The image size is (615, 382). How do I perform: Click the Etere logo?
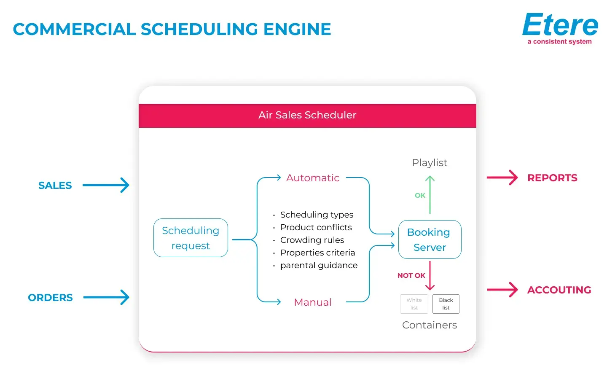click(x=560, y=25)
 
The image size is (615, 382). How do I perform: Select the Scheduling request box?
click(x=191, y=238)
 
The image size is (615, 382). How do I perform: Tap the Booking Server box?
click(x=430, y=239)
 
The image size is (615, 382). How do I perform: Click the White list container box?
click(x=414, y=304)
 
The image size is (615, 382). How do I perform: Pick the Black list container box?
click(x=446, y=304)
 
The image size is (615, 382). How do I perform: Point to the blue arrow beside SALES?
click(x=106, y=185)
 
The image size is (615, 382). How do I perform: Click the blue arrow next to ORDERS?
click(x=106, y=297)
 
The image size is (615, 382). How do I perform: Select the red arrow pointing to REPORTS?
click(x=502, y=178)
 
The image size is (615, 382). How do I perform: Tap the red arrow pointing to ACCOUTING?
click(x=502, y=290)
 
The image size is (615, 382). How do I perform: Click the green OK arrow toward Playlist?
click(x=430, y=195)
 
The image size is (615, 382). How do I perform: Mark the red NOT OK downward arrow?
click(x=430, y=275)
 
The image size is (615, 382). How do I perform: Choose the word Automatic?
click(x=313, y=178)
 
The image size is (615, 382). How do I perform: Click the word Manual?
click(x=313, y=302)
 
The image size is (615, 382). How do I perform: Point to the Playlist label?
click(x=430, y=163)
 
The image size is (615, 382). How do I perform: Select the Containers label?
click(x=430, y=325)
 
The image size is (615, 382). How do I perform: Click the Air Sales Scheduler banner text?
click(x=307, y=115)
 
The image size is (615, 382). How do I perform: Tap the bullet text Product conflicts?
click(x=316, y=227)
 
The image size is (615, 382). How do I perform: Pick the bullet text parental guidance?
click(x=319, y=265)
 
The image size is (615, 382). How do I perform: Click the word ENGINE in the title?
click(x=297, y=30)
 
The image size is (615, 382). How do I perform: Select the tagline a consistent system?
click(x=559, y=42)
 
